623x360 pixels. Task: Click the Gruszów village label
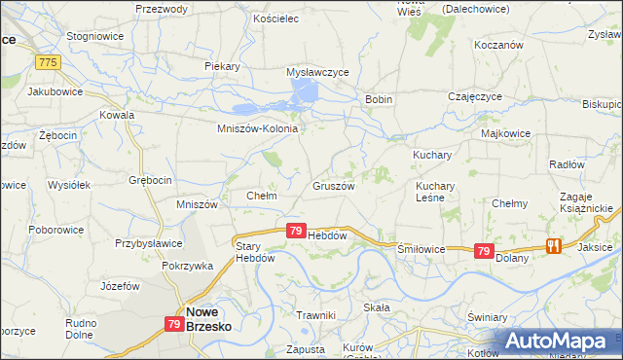[x=333, y=185]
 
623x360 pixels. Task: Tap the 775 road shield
[x=47, y=61]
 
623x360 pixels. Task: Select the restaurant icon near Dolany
[x=555, y=246]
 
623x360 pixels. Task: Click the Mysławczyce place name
[x=317, y=72]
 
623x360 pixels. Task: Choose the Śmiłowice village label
[x=421, y=249]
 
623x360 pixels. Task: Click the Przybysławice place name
[x=148, y=244]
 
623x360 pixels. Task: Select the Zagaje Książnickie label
[x=586, y=202]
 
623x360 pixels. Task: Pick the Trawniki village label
[x=315, y=314]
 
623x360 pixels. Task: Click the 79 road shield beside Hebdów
[x=296, y=231]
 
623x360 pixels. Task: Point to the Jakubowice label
[x=55, y=91]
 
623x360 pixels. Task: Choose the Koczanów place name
[x=499, y=45]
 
